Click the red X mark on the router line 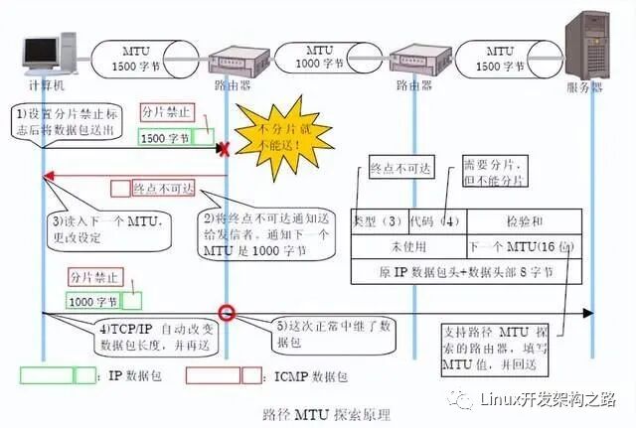(226, 149)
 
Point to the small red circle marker (228, 313)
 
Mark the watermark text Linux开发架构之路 (542, 400)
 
